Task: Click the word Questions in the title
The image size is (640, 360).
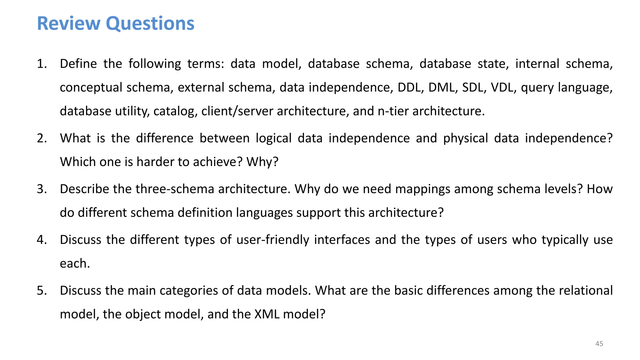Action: click(x=150, y=23)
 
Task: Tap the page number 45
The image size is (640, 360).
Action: click(x=599, y=344)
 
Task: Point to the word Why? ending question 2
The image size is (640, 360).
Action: click(x=262, y=162)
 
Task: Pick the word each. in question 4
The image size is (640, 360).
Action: click(x=75, y=263)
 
